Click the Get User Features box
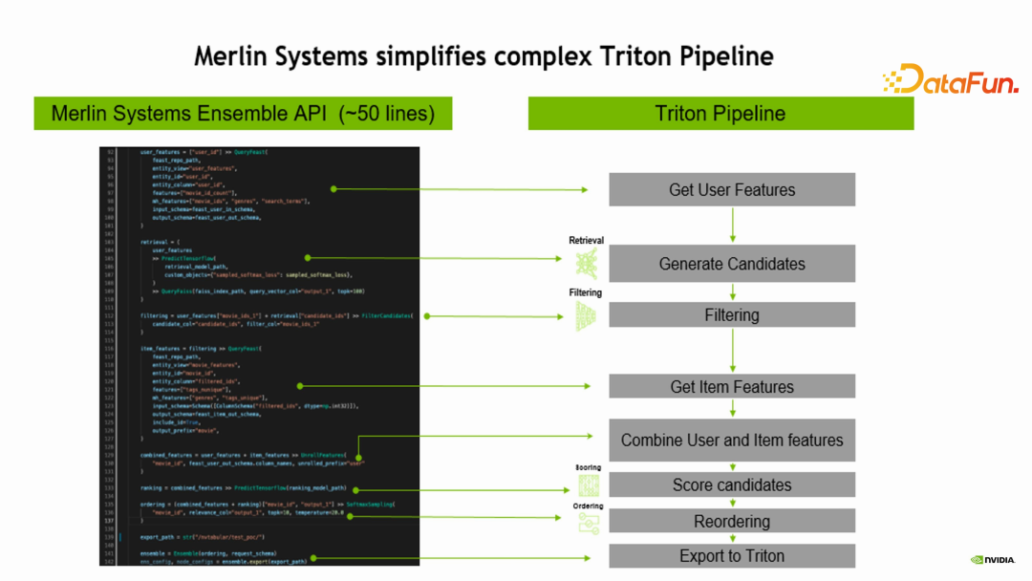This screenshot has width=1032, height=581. (x=732, y=190)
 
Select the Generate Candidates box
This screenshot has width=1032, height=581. (x=732, y=264)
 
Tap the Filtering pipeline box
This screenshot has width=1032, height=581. (x=732, y=315)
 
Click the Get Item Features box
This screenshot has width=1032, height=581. (x=732, y=387)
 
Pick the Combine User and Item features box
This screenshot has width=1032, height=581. (x=732, y=441)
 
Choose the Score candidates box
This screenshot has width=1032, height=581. (x=732, y=485)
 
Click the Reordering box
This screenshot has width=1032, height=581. (x=732, y=522)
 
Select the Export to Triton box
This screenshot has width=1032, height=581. (x=732, y=556)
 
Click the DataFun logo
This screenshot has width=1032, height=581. (x=950, y=80)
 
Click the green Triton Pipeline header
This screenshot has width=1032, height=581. (x=720, y=114)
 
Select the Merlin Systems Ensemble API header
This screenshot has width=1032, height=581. (x=243, y=114)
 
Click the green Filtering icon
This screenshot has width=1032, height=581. (x=587, y=316)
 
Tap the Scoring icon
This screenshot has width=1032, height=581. (x=588, y=485)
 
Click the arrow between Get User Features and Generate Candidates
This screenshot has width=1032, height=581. (x=732, y=225)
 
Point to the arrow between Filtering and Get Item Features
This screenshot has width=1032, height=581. (x=732, y=351)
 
